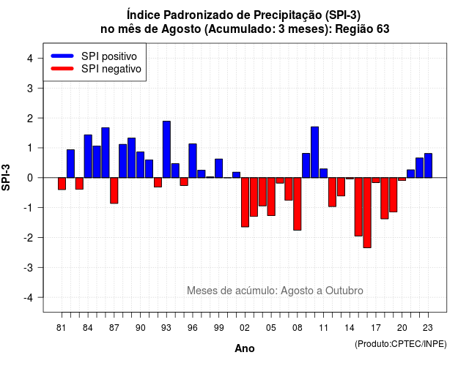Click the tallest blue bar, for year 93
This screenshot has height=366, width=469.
coord(166,149)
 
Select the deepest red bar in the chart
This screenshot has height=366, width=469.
coord(367,213)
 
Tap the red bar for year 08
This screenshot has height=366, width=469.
coord(298,204)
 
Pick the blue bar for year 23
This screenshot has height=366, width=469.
coord(428,165)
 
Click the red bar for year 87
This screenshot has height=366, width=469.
coord(114,190)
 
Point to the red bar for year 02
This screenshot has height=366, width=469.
coord(245,202)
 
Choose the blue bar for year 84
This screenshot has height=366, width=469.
coord(88,156)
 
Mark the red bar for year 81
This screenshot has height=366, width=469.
coord(62,184)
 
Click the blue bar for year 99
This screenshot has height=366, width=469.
coord(218,168)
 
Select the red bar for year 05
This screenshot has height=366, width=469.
coord(271,197)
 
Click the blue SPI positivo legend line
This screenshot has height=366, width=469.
coord(62,56)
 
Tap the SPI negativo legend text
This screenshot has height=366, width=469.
coord(111,69)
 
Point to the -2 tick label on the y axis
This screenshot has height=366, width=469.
coord(29,237)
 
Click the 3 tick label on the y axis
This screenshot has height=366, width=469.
coord(30,88)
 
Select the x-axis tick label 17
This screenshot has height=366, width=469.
coord(376,328)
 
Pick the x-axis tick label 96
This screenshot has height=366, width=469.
coord(192,328)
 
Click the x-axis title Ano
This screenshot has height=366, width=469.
coord(245,348)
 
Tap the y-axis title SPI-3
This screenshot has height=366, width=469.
coord(7,177)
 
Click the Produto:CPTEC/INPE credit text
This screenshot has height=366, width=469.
coord(401,344)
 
